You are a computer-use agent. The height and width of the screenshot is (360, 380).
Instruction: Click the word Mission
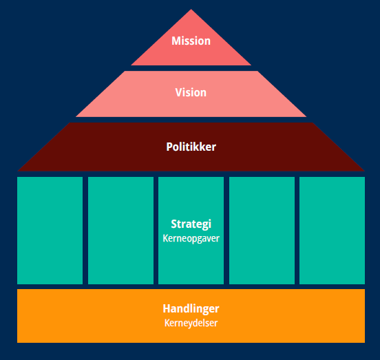coord(191,41)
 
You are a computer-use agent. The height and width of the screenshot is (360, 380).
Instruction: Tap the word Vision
coord(191,92)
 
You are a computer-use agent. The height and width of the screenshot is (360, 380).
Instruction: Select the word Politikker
coord(191,147)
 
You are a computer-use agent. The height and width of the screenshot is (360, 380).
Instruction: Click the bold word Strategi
coord(191,224)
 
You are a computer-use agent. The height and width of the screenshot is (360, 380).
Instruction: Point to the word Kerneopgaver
coord(191,238)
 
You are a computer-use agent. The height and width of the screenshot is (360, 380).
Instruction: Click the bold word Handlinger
coord(191,308)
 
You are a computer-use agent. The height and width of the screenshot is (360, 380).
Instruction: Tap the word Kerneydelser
coord(191,323)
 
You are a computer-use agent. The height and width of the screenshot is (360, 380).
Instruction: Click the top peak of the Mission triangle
coord(191,10)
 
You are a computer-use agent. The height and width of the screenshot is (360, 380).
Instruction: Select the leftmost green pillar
coord(50,231)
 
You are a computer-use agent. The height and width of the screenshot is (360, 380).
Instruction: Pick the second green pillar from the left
coord(120,231)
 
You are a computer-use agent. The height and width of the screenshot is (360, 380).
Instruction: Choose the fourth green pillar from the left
coord(262,231)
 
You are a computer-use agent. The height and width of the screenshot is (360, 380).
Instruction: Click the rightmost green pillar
coord(332,231)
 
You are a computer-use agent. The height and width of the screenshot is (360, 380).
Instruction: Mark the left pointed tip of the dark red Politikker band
coord(18,171)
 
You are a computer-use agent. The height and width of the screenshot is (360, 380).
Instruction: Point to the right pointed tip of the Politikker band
coord(364,171)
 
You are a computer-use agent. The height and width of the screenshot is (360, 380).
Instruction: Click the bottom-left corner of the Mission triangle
coord(131,65)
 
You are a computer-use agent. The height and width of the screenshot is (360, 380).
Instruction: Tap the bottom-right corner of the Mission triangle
coord(251,65)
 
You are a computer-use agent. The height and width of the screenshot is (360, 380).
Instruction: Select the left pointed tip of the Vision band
coord(76,116)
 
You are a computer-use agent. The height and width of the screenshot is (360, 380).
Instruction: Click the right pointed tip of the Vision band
coord(306,116)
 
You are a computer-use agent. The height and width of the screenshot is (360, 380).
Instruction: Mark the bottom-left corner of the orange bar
coord(17,342)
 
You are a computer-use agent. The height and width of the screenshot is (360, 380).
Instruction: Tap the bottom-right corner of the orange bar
coord(364,342)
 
